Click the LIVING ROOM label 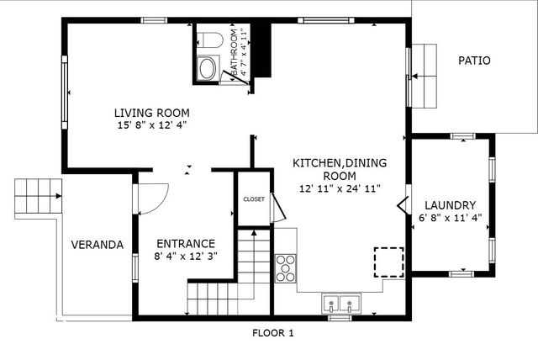(151, 112)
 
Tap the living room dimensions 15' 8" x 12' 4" (151, 124)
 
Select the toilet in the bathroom (208, 40)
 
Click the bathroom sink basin (207, 68)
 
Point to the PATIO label (474, 61)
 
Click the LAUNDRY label (450, 205)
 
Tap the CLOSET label (254, 199)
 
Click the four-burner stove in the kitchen (287, 267)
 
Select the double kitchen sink (341, 303)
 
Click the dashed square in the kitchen (388, 261)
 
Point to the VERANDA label (97, 245)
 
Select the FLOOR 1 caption (273, 333)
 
